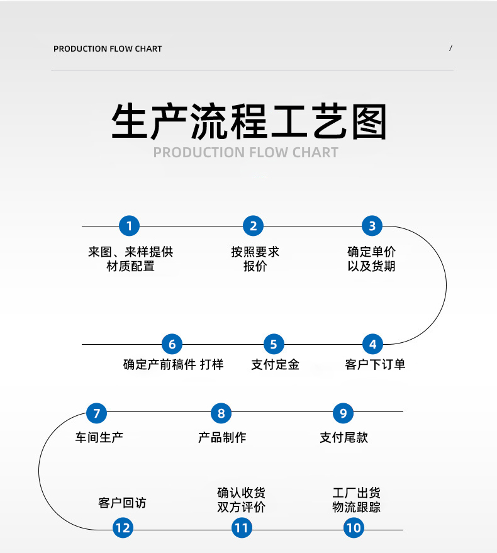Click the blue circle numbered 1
click(x=129, y=226)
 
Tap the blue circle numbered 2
click(x=254, y=226)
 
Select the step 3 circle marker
click(x=372, y=226)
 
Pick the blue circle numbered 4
click(x=372, y=344)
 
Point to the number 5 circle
click(x=274, y=344)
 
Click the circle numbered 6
click(x=172, y=344)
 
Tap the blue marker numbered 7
click(x=96, y=413)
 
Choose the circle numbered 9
click(x=343, y=413)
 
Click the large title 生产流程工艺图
click(x=249, y=121)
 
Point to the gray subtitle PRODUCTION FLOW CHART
click(x=246, y=152)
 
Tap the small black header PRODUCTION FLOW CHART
click(x=108, y=48)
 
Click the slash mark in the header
click(x=450, y=48)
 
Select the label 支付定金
click(x=275, y=364)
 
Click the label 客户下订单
click(x=375, y=364)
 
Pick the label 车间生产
click(x=99, y=437)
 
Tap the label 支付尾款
click(x=343, y=437)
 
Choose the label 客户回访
click(x=122, y=503)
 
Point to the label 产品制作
click(x=221, y=437)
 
